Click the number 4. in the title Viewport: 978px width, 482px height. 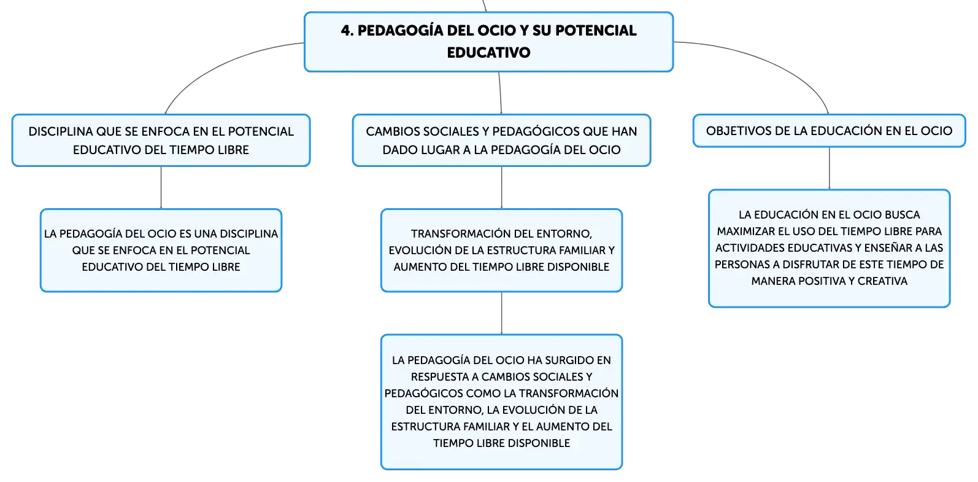pyautogui.click(x=347, y=31)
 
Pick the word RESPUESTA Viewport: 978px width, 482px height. pyautogui.click(x=440, y=376)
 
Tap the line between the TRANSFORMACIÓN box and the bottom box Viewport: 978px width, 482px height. pyautogui.click(x=502, y=313)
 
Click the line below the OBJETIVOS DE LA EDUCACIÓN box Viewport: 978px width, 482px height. pyautogui.click(x=829, y=168)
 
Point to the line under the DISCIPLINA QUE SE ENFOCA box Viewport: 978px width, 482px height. pyautogui.click(x=161, y=187)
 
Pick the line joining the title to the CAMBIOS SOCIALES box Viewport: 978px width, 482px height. pyautogui.click(x=501, y=93)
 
